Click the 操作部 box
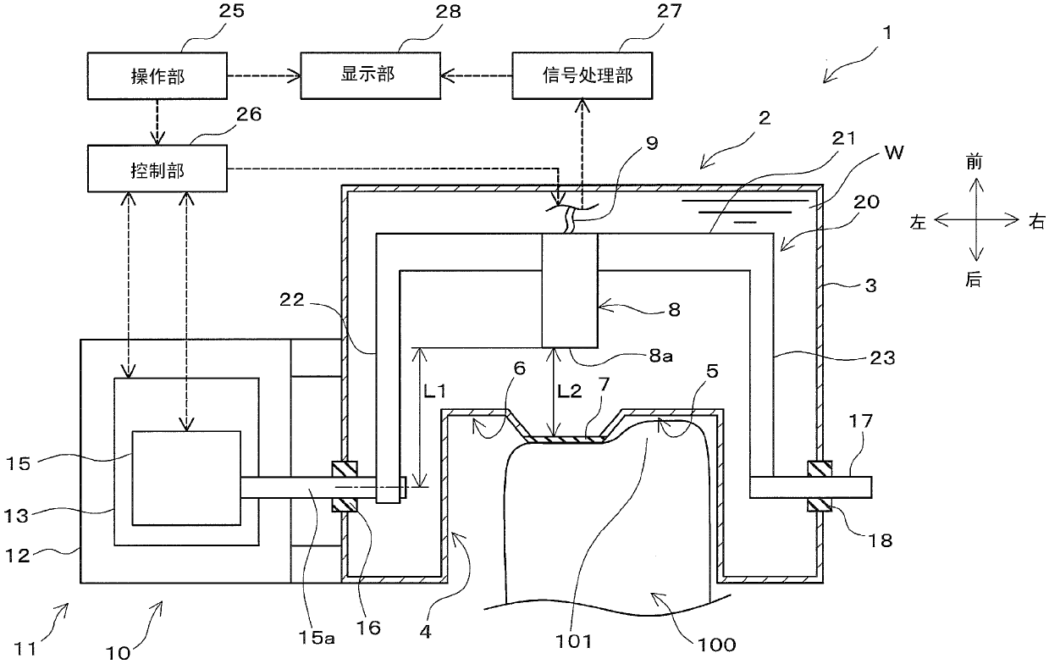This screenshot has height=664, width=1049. [157, 76]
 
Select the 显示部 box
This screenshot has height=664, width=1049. [371, 75]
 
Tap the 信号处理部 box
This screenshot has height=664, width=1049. [582, 75]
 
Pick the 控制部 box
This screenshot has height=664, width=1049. [157, 169]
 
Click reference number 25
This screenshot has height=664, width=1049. [231, 11]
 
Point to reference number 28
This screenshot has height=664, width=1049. [448, 12]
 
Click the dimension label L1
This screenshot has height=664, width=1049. [434, 390]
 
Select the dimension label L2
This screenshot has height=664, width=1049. [570, 390]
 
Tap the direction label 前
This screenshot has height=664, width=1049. [974, 162]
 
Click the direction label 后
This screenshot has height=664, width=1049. [974, 279]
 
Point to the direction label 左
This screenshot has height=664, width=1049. [919, 222]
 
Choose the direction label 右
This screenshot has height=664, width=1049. [1037, 221]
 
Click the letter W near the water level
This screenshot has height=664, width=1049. [894, 152]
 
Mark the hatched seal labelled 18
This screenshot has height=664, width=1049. [820, 505]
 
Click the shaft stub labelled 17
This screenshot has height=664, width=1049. [810, 487]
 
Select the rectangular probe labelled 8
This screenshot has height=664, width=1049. [570, 290]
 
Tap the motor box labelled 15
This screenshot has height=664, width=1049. [186, 478]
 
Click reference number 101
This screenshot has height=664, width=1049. [574, 641]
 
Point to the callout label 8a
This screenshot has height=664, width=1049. [660, 356]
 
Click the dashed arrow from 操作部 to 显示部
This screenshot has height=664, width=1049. [264, 76]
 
